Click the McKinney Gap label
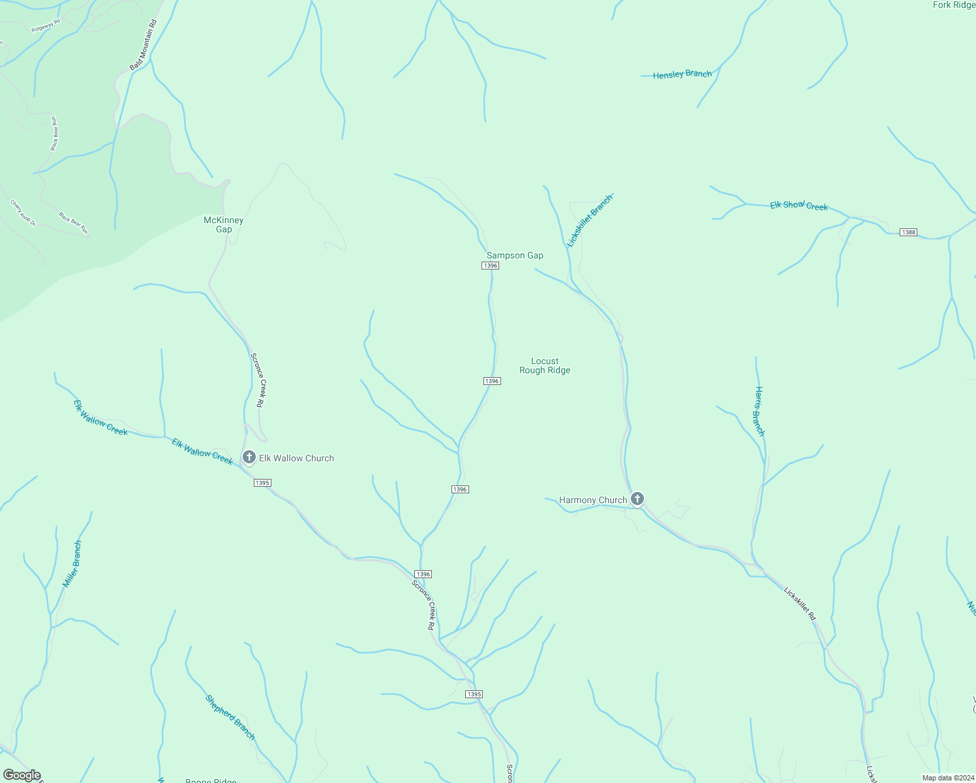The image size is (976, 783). (x=224, y=224)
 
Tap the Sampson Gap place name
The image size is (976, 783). (x=515, y=255)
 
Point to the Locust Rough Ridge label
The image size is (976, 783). (x=545, y=365)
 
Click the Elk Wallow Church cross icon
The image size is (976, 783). (x=249, y=457)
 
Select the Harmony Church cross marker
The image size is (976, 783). (x=637, y=499)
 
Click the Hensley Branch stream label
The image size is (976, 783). (x=682, y=74)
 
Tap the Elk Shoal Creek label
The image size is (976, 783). (x=799, y=206)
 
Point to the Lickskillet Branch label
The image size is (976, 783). (x=590, y=221)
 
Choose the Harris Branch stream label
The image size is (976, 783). (x=759, y=411)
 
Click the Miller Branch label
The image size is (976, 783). (x=72, y=564)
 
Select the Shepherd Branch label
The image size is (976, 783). (x=230, y=717)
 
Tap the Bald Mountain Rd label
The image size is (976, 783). (x=144, y=45)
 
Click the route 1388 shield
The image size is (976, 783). (x=908, y=232)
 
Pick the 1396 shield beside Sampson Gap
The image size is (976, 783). (x=491, y=266)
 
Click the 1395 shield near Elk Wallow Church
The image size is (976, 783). (x=262, y=483)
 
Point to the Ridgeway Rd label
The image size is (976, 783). (x=46, y=25)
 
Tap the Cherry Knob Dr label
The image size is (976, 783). (x=23, y=213)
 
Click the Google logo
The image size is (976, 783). (x=22, y=775)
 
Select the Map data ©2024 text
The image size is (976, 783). (x=948, y=778)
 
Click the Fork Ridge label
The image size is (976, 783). (x=954, y=5)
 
